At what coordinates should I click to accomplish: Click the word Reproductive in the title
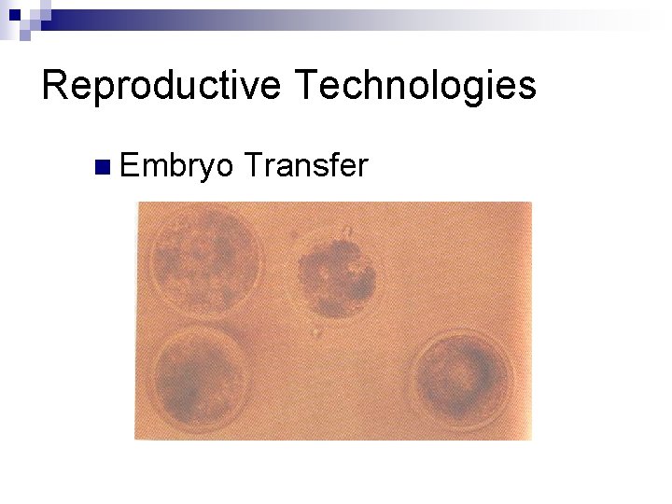pos(161,86)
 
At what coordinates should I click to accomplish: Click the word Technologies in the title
pos(414,86)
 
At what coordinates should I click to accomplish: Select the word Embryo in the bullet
pos(177,167)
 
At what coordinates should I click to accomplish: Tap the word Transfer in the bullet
pos(306,166)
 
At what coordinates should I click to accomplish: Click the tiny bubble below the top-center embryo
pos(317,331)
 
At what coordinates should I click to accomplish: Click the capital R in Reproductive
pos(55,86)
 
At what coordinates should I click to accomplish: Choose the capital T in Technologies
pos(306,86)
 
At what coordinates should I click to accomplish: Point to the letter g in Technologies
pos(469,91)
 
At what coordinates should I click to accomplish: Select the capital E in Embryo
pos(130,166)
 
